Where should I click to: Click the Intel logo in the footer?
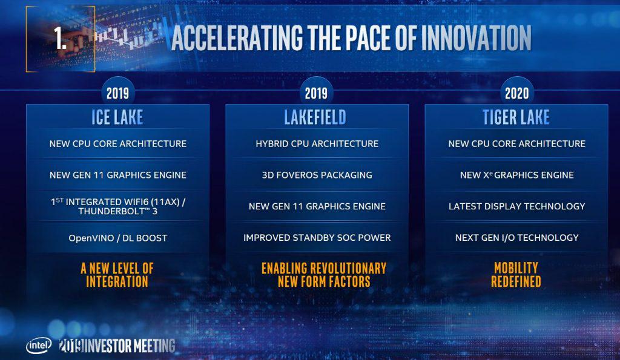click(x=39, y=345)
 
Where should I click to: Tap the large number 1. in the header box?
click(x=60, y=39)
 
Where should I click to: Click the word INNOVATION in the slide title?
click(x=476, y=38)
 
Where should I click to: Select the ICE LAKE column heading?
click(x=117, y=117)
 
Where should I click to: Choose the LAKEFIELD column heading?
click(x=315, y=117)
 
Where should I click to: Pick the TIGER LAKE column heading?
click(x=516, y=117)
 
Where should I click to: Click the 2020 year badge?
click(x=517, y=93)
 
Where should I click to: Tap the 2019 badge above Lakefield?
click(x=316, y=93)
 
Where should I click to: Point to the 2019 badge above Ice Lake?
click(x=117, y=93)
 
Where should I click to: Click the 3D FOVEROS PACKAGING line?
click(x=317, y=175)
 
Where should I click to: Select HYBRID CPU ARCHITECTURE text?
click(x=317, y=144)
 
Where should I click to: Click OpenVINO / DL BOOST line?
click(x=118, y=238)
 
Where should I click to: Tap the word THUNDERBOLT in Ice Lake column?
click(x=112, y=211)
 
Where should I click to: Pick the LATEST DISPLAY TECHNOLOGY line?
click(x=517, y=206)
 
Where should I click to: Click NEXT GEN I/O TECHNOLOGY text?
click(x=517, y=238)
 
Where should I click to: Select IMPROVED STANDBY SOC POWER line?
click(x=317, y=238)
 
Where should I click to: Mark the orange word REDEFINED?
click(x=516, y=281)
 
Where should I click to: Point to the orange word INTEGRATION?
click(x=117, y=281)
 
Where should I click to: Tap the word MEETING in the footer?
click(x=154, y=346)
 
